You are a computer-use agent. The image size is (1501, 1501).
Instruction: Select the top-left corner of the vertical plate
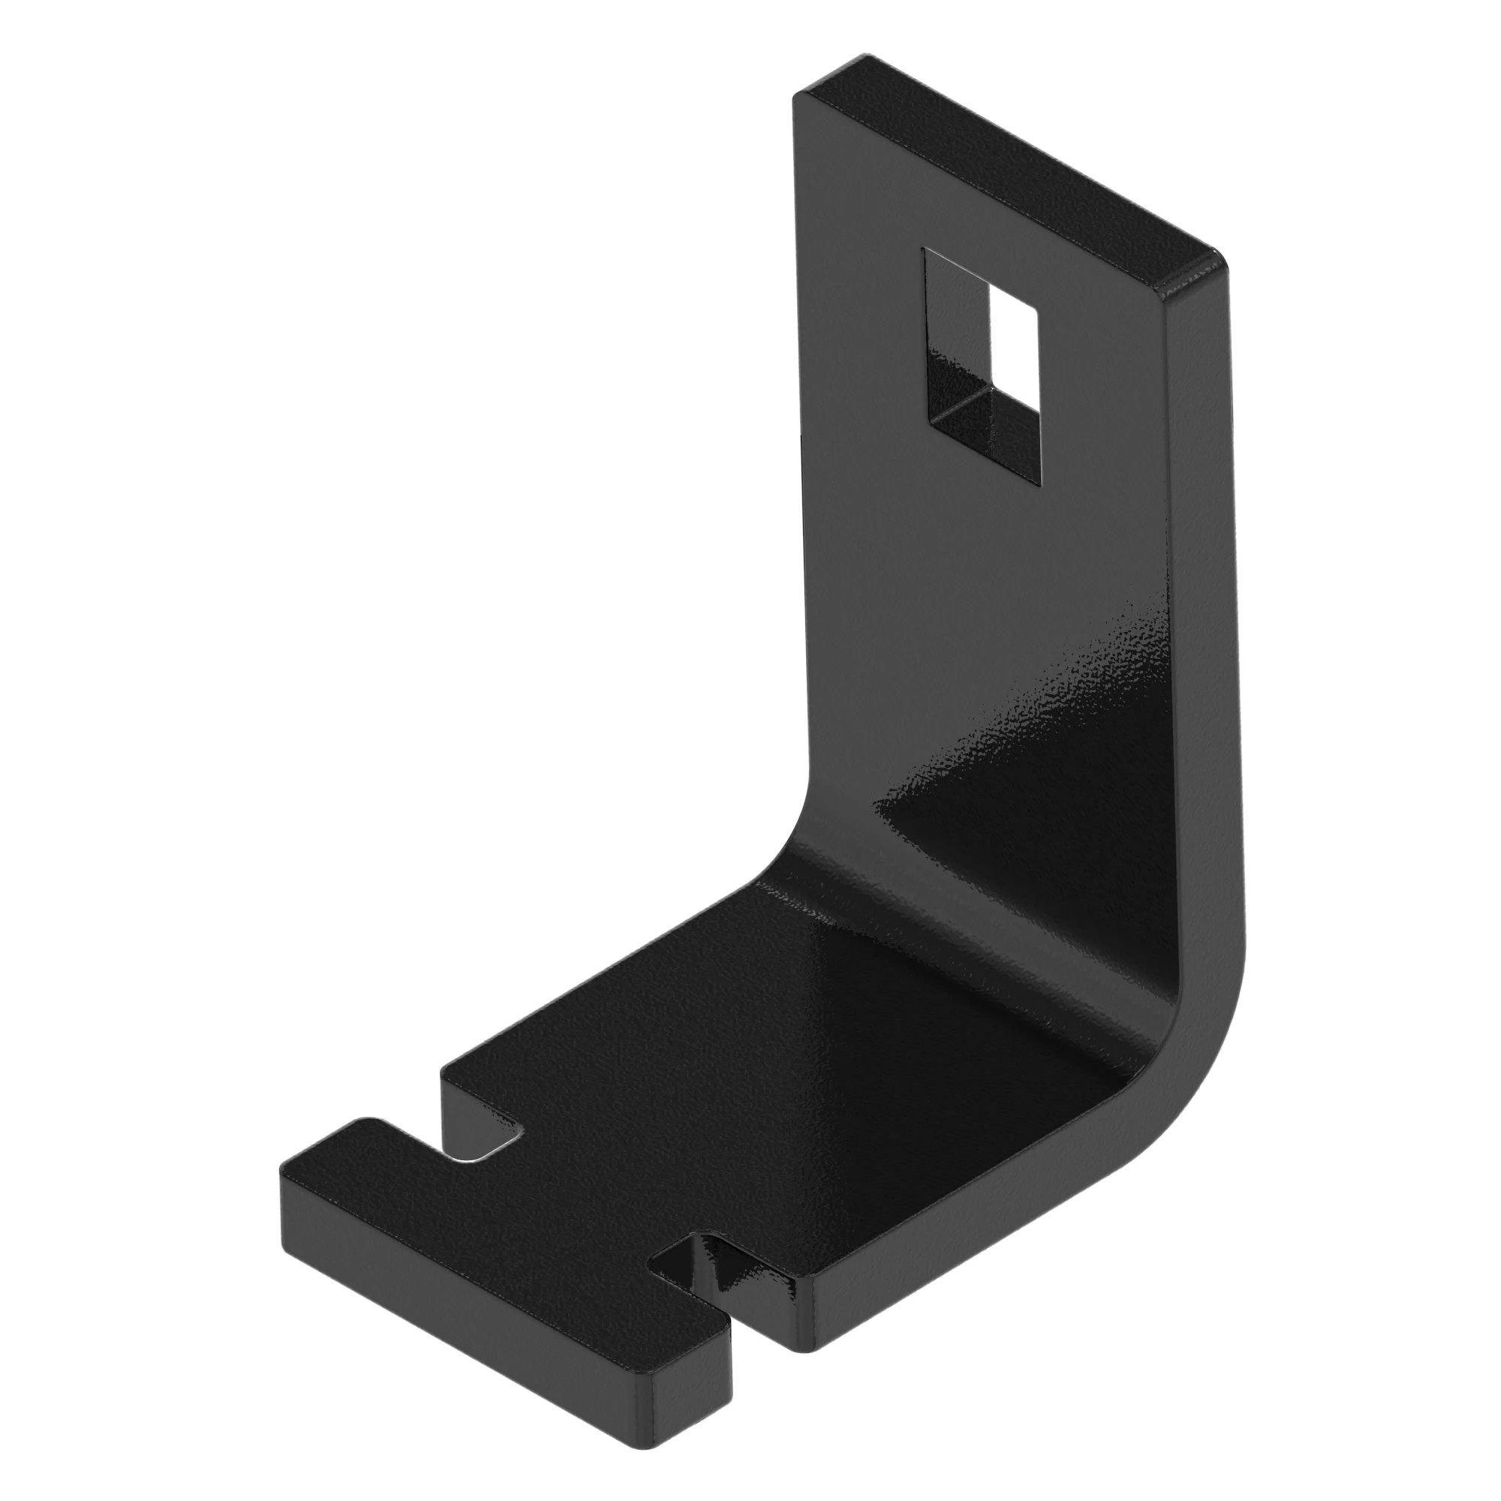click(796, 98)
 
